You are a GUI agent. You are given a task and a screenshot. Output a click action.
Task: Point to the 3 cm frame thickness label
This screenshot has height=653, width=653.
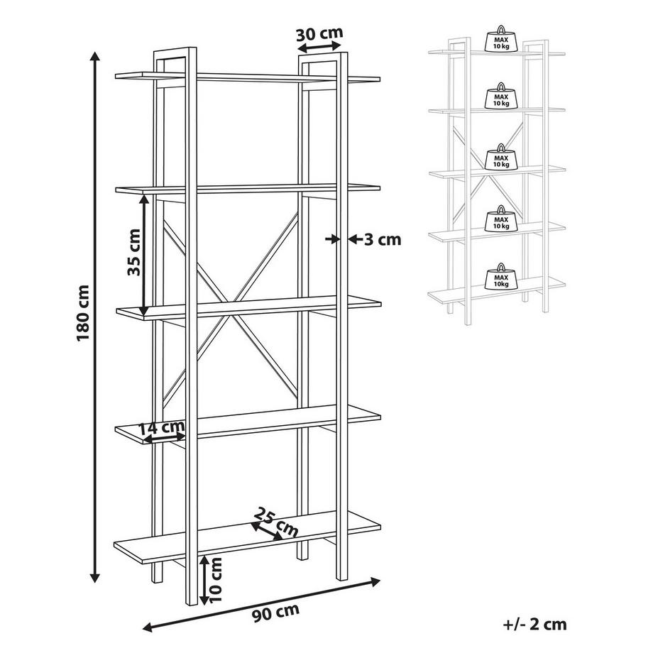tap(383, 239)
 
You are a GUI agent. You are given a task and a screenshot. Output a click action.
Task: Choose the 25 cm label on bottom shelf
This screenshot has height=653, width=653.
tap(277, 522)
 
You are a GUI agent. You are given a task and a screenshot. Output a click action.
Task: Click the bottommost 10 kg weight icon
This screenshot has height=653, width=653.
tap(501, 278)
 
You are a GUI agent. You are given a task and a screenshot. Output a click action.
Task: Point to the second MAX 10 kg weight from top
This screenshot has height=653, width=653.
tap(501, 98)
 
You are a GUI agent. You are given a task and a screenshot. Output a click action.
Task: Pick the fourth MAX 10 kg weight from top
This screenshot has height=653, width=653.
tap(501, 219)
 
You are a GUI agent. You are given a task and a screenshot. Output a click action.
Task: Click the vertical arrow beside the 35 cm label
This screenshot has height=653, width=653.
tap(145, 256)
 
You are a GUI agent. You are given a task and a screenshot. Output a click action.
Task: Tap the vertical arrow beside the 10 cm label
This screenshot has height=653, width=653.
tap(204, 578)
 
